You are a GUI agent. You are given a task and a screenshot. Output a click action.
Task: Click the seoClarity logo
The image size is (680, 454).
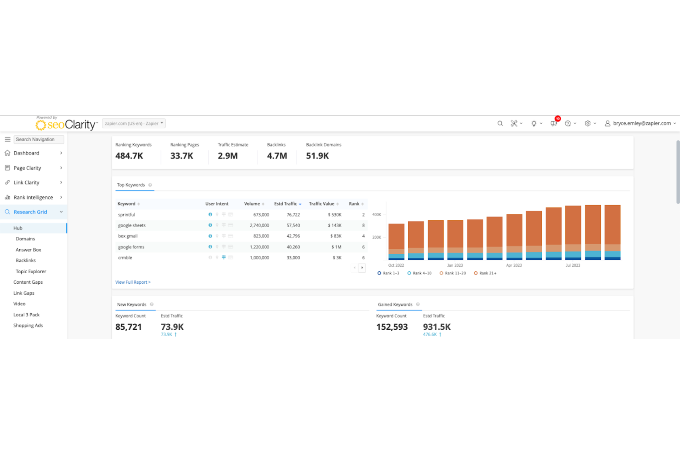(x=66, y=124)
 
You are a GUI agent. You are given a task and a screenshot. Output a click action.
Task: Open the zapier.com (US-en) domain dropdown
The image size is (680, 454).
(x=133, y=123)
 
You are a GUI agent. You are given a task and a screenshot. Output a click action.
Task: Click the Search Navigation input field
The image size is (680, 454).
(x=39, y=139)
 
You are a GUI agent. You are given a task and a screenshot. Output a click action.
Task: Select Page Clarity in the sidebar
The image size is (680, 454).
(x=28, y=168)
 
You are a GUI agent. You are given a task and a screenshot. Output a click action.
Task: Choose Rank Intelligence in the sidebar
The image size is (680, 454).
(x=33, y=197)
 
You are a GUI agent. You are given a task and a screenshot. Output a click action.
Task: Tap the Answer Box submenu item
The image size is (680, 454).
(x=28, y=250)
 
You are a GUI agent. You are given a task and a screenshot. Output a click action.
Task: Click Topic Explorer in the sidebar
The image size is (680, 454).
(x=31, y=271)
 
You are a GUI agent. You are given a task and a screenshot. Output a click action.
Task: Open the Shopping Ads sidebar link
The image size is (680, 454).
(x=28, y=325)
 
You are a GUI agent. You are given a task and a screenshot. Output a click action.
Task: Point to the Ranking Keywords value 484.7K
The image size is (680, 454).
(x=129, y=156)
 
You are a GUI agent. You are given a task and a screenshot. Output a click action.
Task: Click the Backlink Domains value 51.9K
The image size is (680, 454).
(x=317, y=156)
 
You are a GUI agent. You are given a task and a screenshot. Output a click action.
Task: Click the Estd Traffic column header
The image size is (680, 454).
(x=286, y=204)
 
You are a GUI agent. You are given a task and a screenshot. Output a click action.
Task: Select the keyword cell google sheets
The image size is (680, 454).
(x=132, y=225)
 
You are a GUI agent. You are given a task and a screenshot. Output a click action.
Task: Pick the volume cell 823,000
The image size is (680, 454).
(x=261, y=236)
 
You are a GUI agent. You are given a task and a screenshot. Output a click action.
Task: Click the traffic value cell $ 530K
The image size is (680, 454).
(x=334, y=215)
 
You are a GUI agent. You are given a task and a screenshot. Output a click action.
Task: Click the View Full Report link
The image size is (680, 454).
(x=133, y=282)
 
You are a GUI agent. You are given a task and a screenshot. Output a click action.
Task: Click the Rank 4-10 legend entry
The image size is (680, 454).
(x=419, y=273)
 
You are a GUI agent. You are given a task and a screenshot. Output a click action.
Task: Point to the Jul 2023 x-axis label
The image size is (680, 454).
(x=572, y=265)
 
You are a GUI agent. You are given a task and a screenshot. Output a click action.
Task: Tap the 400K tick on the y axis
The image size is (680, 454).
(x=376, y=215)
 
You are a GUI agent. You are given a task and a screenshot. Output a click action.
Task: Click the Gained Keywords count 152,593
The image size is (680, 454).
(x=392, y=327)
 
